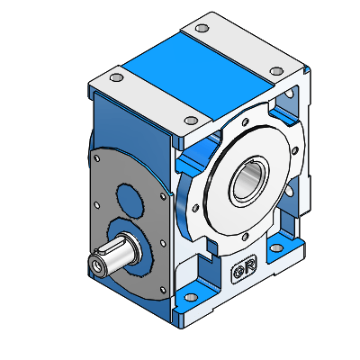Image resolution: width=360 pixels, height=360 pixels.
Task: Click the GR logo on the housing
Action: pos(244,269)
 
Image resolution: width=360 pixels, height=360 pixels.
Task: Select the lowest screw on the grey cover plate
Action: pos(159,290)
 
